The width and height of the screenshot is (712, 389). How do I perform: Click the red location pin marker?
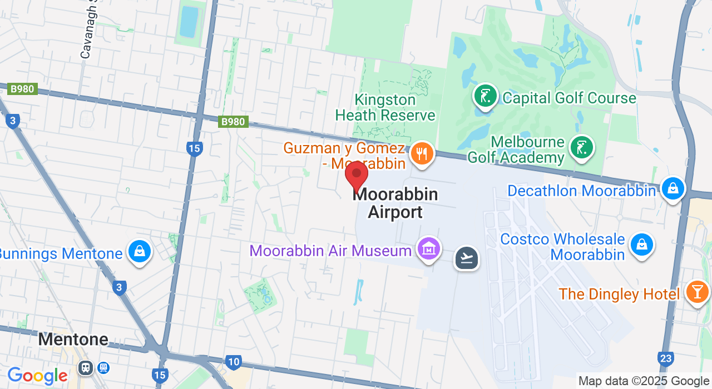(357, 175)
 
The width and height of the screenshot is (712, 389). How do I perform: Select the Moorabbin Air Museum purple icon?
(429, 250)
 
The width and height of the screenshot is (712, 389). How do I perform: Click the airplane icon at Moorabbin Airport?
(466, 258)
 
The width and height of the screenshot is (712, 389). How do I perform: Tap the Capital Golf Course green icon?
(485, 96)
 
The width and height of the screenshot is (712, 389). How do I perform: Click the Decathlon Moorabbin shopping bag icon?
(673, 189)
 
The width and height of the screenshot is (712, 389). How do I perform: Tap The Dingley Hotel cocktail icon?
(696, 292)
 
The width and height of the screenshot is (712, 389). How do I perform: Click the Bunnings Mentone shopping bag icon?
(139, 252)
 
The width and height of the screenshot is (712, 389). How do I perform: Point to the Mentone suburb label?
(73, 339)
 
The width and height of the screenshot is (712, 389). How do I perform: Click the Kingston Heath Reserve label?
(385, 108)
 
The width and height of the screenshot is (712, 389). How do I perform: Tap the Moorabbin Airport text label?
(395, 203)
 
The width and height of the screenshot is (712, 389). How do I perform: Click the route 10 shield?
(234, 362)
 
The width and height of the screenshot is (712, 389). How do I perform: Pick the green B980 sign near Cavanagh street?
(22, 89)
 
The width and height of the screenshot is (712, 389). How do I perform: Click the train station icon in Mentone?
(86, 367)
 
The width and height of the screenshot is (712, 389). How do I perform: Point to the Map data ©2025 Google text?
(643, 381)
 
